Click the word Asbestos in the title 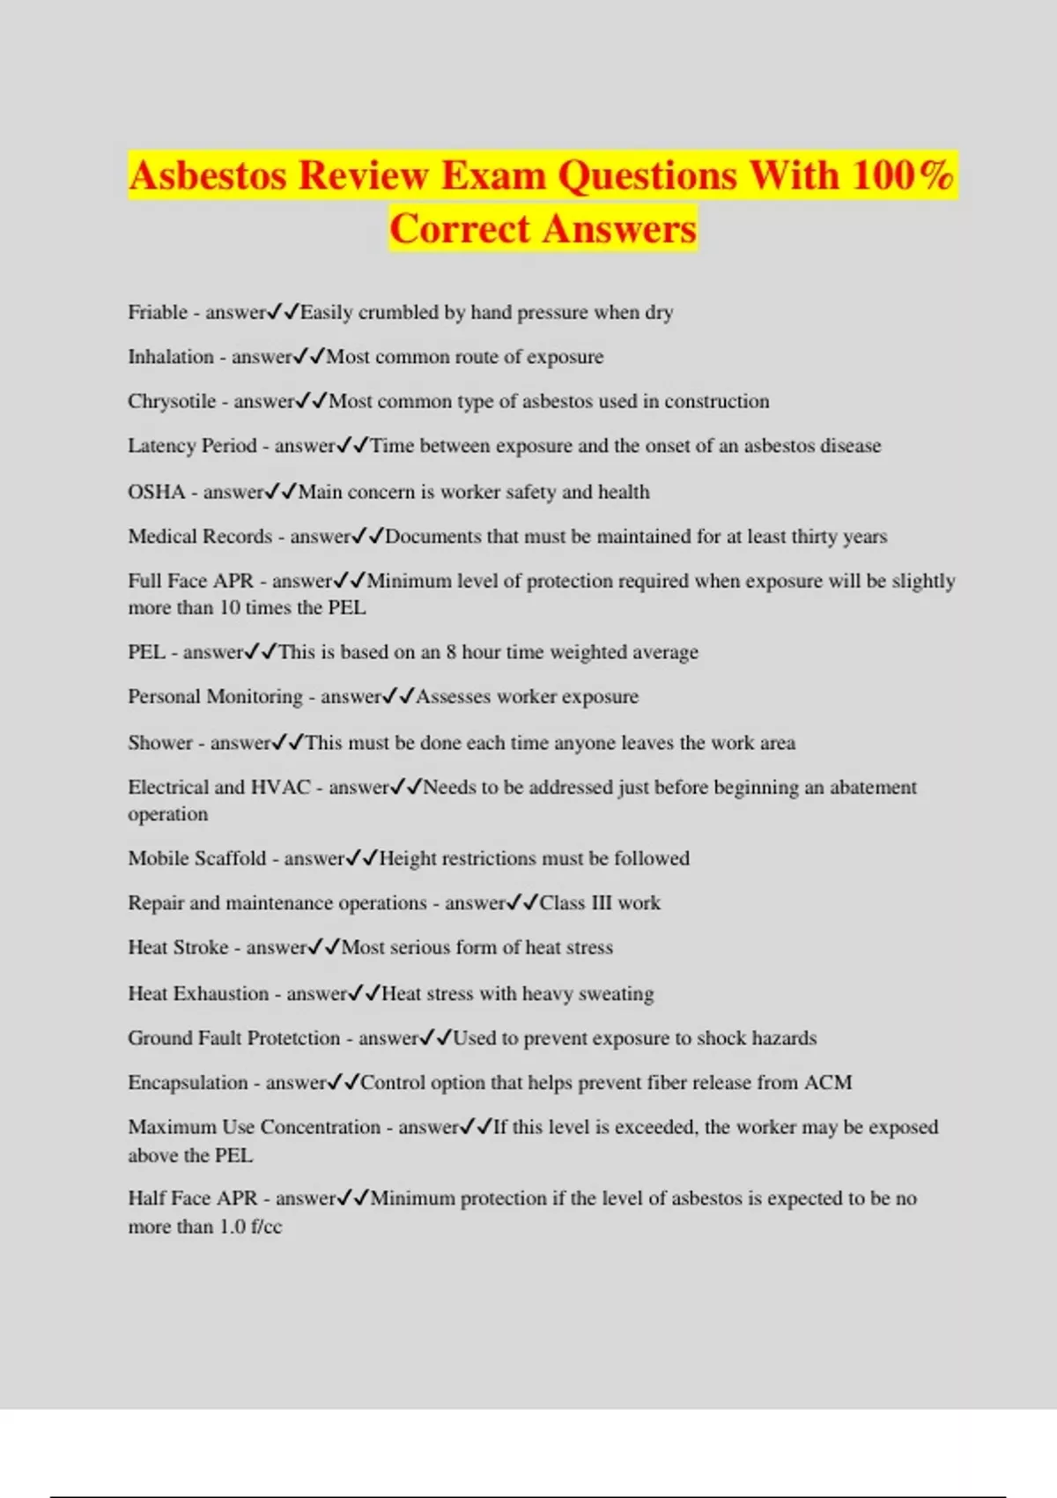coord(207,174)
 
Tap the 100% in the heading coord(902,174)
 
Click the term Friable coord(158,312)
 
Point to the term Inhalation coord(171,357)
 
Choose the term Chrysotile coord(172,402)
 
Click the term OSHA coord(156,492)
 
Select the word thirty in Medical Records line coord(816,537)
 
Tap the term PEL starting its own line coord(146,652)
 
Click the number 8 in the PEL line coord(451,652)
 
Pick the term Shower coord(160,743)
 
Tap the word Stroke coord(201,947)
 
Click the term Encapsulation coord(188,1083)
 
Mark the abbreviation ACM coord(828,1083)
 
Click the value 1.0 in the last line coord(233,1227)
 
